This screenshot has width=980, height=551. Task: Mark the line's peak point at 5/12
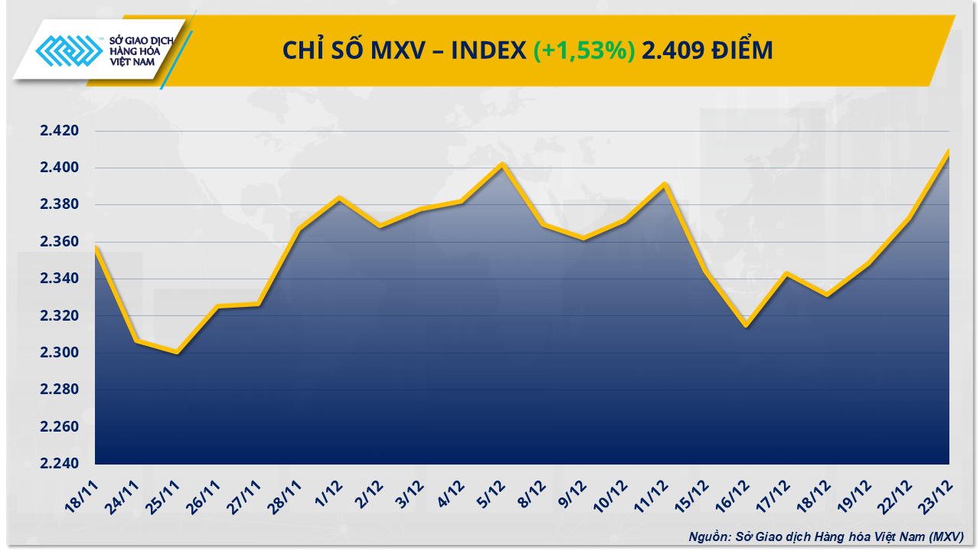(502, 163)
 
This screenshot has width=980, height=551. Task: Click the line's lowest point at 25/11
(176, 352)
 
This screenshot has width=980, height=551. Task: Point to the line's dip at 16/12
(746, 325)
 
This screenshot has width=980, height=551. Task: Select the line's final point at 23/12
(949, 151)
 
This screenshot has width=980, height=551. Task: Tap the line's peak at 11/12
(665, 184)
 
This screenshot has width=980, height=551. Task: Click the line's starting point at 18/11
(95, 246)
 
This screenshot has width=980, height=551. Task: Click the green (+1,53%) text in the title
(584, 51)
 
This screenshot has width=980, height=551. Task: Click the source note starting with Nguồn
(825, 536)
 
